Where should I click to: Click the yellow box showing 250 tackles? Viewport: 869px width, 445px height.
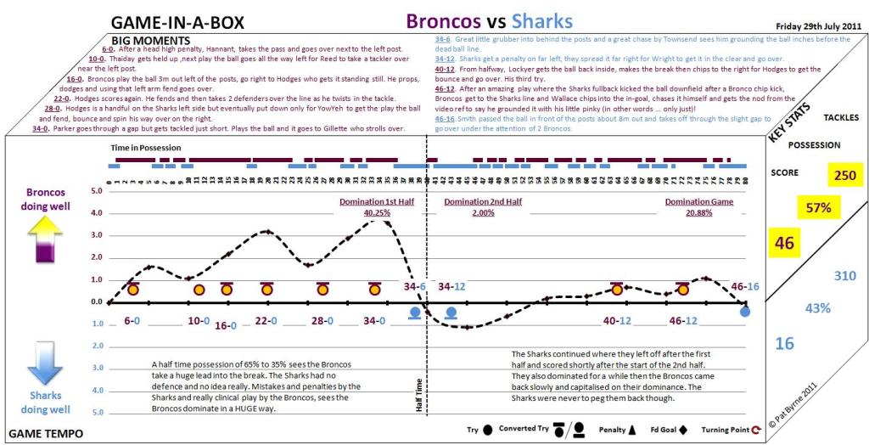[845, 175]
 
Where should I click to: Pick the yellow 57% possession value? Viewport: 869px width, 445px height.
[818, 206]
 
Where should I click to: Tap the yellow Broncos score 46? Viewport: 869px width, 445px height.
[784, 244]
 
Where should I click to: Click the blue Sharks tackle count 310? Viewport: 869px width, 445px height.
[845, 276]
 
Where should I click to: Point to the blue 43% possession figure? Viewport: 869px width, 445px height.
[818, 308]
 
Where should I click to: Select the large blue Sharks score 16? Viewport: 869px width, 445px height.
[785, 343]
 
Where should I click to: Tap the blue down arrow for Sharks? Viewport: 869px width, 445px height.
[40, 364]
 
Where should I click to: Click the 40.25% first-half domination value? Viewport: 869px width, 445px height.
[365, 212]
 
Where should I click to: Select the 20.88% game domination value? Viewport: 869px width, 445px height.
[698, 212]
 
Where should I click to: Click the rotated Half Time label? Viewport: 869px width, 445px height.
[418, 396]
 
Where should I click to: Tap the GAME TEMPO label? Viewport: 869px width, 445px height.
[46, 433]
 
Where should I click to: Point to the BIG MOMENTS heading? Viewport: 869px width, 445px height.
[151, 40]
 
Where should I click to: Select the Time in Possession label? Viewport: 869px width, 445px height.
[146, 148]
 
